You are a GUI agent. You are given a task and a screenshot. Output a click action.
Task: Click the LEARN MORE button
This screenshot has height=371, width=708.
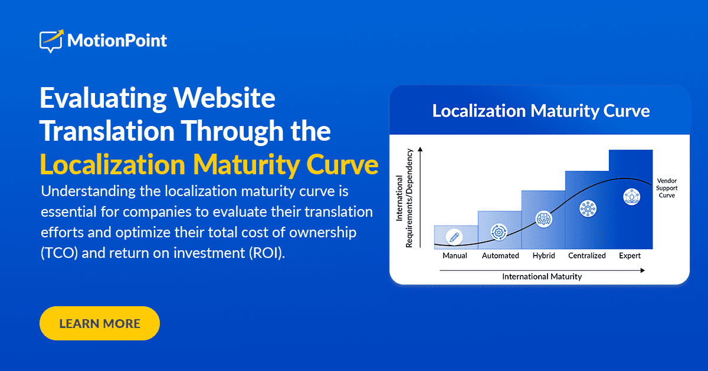[x=100, y=323]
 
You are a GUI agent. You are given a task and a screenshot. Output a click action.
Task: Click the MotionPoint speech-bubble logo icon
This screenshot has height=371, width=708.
[x=51, y=41]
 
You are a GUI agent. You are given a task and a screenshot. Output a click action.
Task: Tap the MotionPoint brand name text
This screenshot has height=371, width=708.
[x=117, y=41]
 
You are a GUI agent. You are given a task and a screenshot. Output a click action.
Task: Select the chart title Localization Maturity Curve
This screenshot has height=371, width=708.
[x=540, y=111]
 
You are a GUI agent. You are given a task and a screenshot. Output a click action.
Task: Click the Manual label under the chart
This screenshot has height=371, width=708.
[x=455, y=256]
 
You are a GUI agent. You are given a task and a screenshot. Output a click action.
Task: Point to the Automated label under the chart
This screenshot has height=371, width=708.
[x=500, y=256]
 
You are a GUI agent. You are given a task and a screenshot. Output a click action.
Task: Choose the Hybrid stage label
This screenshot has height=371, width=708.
[x=543, y=256]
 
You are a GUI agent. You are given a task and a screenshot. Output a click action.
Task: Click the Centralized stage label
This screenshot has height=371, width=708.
[x=587, y=256]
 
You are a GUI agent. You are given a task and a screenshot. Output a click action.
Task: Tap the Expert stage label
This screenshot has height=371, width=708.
[x=630, y=256]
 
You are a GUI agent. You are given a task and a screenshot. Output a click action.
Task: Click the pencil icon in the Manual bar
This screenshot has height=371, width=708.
[x=454, y=237]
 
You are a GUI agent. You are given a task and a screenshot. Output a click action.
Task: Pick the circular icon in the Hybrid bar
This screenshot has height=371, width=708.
[x=543, y=219]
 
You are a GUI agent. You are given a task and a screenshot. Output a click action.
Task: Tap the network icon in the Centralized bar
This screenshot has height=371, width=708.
[x=588, y=208]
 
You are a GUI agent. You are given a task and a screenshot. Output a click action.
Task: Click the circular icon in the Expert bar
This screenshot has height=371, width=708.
[x=631, y=197]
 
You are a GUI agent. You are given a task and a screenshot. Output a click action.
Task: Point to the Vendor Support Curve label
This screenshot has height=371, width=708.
[x=667, y=188]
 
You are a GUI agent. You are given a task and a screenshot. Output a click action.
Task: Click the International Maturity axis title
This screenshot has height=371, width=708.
[x=542, y=276]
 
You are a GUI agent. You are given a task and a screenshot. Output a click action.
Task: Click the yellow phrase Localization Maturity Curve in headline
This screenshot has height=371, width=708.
[x=209, y=165]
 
